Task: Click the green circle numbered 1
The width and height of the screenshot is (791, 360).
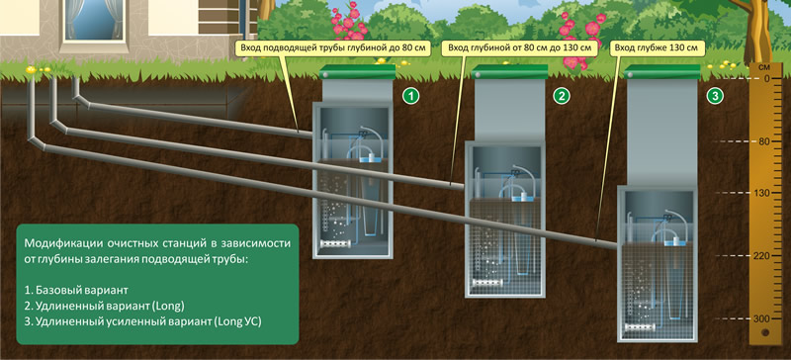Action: pyautogui.click(x=412, y=96)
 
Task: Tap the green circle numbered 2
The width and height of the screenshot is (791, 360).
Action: pyautogui.click(x=563, y=96)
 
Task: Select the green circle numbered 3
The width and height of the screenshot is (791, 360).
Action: pyautogui.click(x=715, y=96)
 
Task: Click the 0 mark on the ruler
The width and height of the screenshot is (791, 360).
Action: pyautogui.click(x=765, y=79)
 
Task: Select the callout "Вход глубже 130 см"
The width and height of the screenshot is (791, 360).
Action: pyautogui.click(x=657, y=49)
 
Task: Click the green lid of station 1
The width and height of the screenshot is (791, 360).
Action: pyautogui.click(x=358, y=72)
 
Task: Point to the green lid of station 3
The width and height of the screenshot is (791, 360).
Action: pyautogui.click(x=662, y=72)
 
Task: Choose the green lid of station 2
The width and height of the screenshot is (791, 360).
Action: pyautogui.click(x=509, y=72)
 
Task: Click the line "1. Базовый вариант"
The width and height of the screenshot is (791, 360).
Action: pyautogui.click(x=76, y=291)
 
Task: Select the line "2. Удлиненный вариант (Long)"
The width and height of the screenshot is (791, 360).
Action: pyautogui.click(x=104, y=306)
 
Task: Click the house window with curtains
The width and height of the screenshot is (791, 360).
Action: pyautogui.click(x=94, y=20)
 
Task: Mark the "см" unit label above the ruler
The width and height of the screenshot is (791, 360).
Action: pyautogui.click(x=765, y=66)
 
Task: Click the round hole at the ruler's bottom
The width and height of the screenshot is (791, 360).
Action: pyautogui.click(x=765, y=332)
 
